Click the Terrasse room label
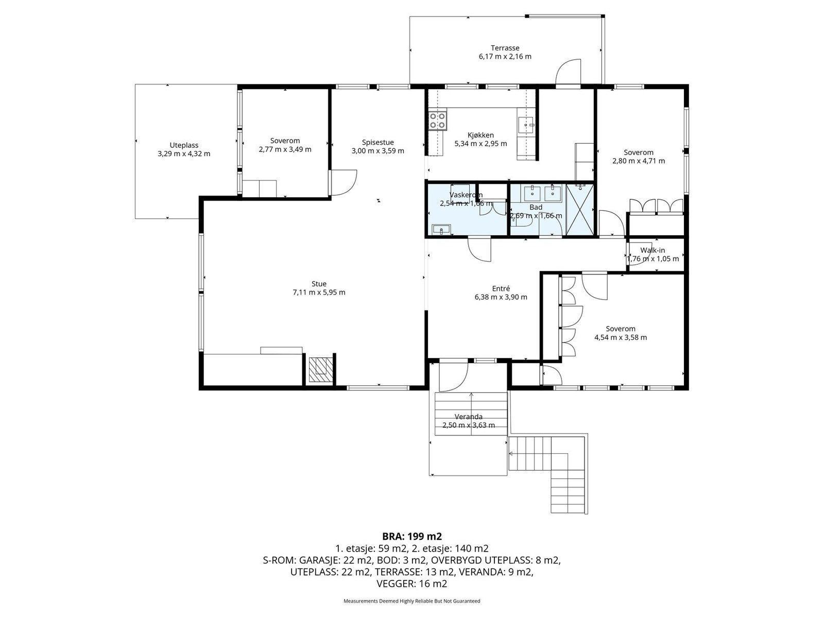pos(505,48)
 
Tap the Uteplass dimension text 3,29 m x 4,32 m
pos(184,154)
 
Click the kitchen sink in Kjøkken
pos(526,124)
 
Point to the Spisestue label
pos(377,142)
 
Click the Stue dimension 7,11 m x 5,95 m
pos(319,293)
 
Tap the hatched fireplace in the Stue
pos(321,370)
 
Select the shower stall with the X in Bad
pos(579,211)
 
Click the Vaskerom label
pos(466,195)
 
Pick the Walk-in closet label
pos(653,250)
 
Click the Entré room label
pos(501,288)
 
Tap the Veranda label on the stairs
pos(469,417)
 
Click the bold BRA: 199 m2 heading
pos(412,536)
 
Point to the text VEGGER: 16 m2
pos(412,583)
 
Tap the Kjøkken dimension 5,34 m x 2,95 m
pos(480,143)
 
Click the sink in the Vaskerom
pos(441,229)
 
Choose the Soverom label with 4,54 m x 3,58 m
pos(621,329)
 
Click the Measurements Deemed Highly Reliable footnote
pos(412,600)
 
